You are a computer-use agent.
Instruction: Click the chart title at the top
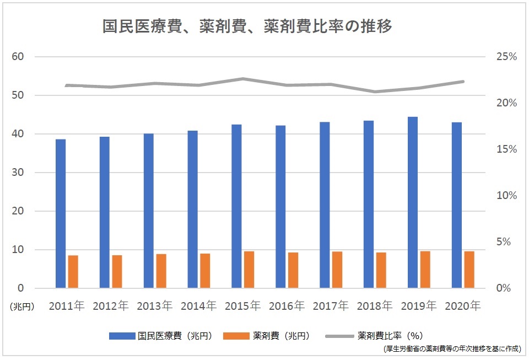pos(247,26)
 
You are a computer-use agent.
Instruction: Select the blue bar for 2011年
pos(61,213)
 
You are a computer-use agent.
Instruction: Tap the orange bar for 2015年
pos(249,270)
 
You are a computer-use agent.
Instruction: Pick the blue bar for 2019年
pos(413,202)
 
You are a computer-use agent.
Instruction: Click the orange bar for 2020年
pos(469,270)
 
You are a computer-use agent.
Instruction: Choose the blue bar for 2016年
pos(280,207)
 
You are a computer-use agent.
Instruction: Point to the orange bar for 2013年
pos(161,271)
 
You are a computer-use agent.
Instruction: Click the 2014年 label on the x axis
pos(198,305)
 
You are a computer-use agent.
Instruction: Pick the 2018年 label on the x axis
pos(375,305)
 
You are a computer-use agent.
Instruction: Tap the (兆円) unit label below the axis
pos(21,307)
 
